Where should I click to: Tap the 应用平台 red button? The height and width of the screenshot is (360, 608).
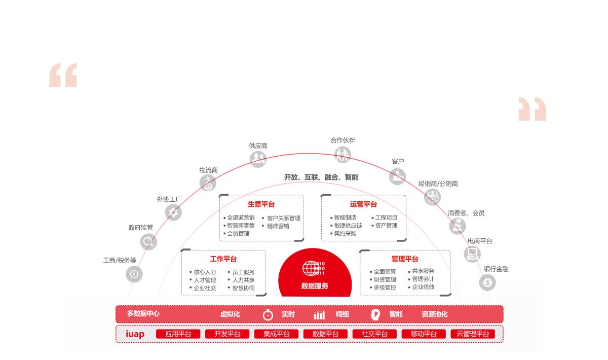click(x=178, y=334)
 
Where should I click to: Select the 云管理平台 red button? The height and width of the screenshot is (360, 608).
click(x=473, y=334)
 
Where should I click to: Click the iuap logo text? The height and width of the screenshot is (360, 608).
click(x=135, y=334)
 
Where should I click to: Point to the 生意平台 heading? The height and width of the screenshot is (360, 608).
click(x=261, y=204)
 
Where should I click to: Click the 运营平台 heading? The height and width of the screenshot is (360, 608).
click(x=363, y=204)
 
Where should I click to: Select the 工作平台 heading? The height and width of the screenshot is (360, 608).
click(x=223, y=259)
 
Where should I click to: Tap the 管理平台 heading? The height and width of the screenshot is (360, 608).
click(x=405, y=259)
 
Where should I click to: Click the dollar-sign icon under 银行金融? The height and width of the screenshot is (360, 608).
click(x=487, y=282)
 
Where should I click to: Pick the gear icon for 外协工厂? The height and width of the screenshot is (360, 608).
click(x=173, y=212)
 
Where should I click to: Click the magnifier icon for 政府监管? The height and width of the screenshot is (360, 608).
click(x=148, y=241)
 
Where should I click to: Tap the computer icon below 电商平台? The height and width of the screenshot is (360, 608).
click(x=472, y=254)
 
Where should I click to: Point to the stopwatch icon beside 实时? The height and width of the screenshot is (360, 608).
click(x=268, y=315)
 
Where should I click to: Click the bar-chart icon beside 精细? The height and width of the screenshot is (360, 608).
click(x=320, y=315)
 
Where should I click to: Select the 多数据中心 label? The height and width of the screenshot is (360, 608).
click(x=143, y=313)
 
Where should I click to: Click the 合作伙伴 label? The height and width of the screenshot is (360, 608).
click(x=343, y=140)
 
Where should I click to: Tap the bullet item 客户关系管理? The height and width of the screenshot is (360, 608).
click(x=284, y=218)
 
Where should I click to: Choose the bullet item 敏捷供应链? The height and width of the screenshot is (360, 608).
click(x=348, y=226)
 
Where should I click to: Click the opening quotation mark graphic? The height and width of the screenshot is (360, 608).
click(x=63, y=75)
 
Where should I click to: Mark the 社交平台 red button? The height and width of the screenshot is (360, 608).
click(x=374, y=334)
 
